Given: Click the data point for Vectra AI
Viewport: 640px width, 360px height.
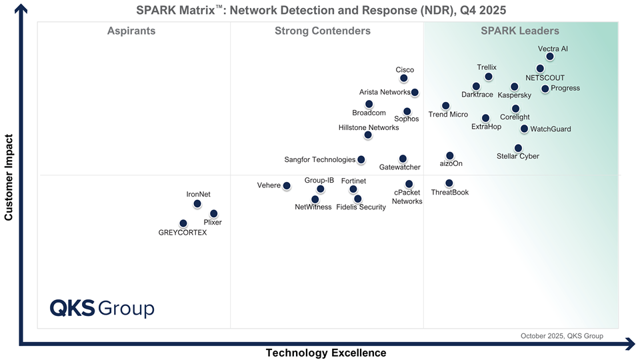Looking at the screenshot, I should (x=550, y=57).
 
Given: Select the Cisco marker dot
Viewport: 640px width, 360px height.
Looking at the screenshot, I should (x=404, y=79).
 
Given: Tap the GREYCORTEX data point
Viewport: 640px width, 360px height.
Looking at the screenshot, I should (x=183, y=223).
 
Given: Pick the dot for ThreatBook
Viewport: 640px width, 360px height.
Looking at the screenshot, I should (x=449, y=183).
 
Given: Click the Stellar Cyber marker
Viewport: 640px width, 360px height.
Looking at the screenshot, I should (x=518, y=148).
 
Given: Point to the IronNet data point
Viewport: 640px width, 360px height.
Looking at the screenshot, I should (x=197, y=204).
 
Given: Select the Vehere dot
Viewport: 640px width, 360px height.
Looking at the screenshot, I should (x=287, y=186).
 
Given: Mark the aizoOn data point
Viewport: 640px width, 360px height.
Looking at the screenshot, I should (x=450, y=155).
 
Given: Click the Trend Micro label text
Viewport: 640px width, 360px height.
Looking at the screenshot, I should (x=448, y=115).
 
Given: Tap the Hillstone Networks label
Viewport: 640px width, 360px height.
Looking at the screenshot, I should (x=369, y=127).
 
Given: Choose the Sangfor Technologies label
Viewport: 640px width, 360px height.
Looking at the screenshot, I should (x=320, y=160).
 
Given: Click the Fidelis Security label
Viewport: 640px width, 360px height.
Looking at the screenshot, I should (x=361, y=207).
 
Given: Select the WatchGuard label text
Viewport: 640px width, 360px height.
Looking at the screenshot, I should (x=551, y=129).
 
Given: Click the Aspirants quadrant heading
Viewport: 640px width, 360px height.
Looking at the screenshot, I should (x=131, y=31).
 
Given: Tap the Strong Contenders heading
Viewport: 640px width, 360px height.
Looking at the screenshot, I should (x=323, y=31).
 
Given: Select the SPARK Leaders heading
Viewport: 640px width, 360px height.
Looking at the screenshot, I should (x=520, y=31).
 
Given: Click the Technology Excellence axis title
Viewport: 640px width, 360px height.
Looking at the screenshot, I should (x=326, y=353).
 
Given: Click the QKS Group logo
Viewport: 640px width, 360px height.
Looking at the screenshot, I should (x=102, y=308).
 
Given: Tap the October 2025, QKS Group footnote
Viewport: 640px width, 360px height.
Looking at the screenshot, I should (x=561, y=336).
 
